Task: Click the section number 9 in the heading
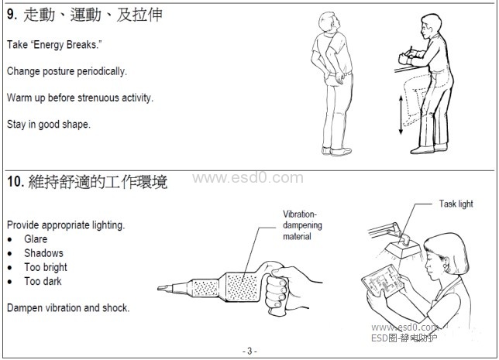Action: click(x=12, y=14)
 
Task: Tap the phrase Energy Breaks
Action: click(x=66, y=45)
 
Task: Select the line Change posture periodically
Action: click(x=67, y=71)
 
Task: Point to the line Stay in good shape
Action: click(x=49, y=124)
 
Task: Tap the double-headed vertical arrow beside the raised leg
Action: click(x=401, y=115)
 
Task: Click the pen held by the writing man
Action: click(x=411, y=51)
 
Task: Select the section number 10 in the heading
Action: click(x=15, y=182)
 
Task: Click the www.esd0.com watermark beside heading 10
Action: click(x=248, y=178)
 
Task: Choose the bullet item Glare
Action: click(x=36, y=238)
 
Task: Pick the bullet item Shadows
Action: click(x=43, y=253)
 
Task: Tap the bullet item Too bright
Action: click(x=46, y=267)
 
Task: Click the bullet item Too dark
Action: click(x=43, y=281)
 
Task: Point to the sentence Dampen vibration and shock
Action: click(x=68, y=308)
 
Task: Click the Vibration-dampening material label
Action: click(x=302, y=225)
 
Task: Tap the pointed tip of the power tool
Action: click(x=159, y=288)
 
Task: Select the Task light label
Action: click(x=456, y=204)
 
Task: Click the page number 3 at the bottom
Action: click(x=250, y=351)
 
